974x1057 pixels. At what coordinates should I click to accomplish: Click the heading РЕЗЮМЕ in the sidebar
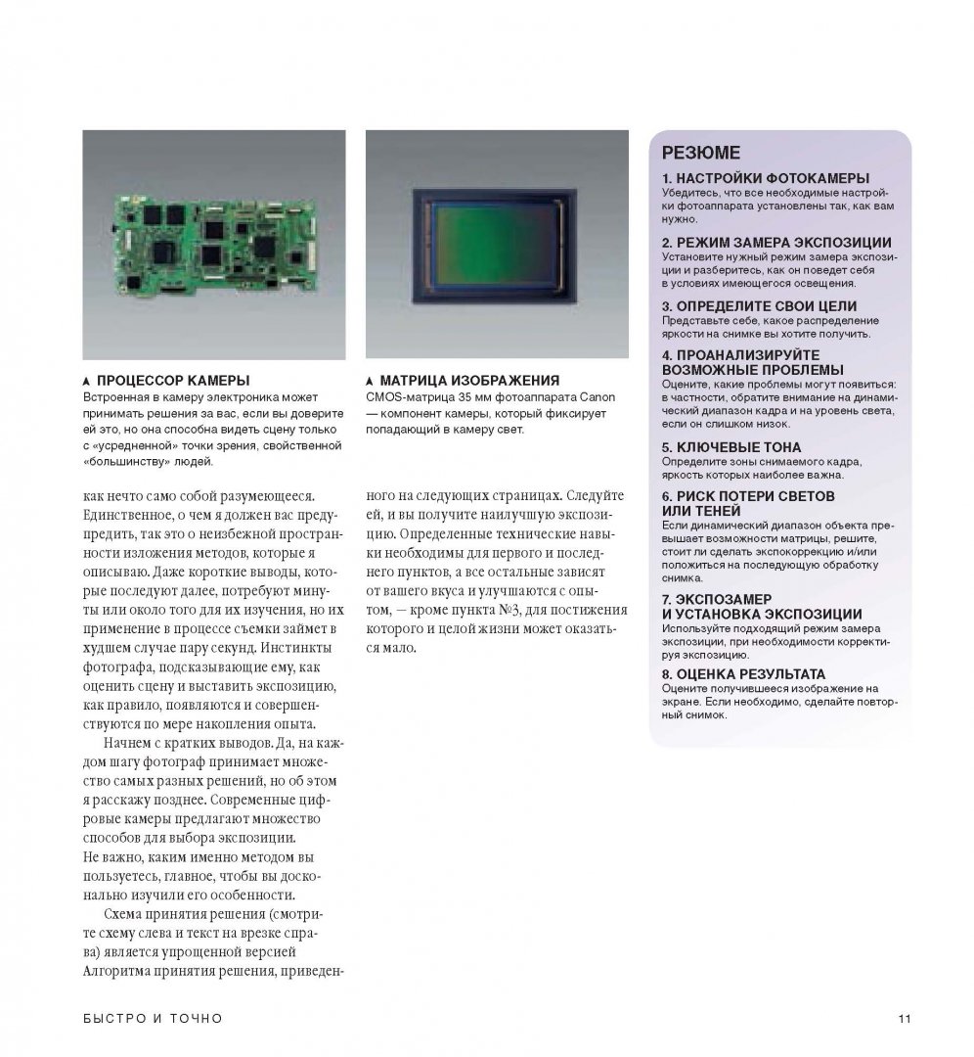pos(701,153)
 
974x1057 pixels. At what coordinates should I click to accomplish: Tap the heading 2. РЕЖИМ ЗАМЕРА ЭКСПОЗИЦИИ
pos(776,242)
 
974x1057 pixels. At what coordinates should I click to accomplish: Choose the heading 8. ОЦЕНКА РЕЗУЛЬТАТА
pos(743,674)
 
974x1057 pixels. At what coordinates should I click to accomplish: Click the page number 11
pos(904,1019)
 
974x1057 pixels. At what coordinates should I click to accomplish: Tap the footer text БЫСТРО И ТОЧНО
pos(152,1019)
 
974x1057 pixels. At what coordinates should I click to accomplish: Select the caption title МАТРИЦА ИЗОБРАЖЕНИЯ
pos(469,380)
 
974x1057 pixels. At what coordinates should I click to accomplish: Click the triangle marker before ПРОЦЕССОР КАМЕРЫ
pos(87,381)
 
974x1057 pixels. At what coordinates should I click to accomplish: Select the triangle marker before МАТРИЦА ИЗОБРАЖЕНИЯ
pos(370,381)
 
